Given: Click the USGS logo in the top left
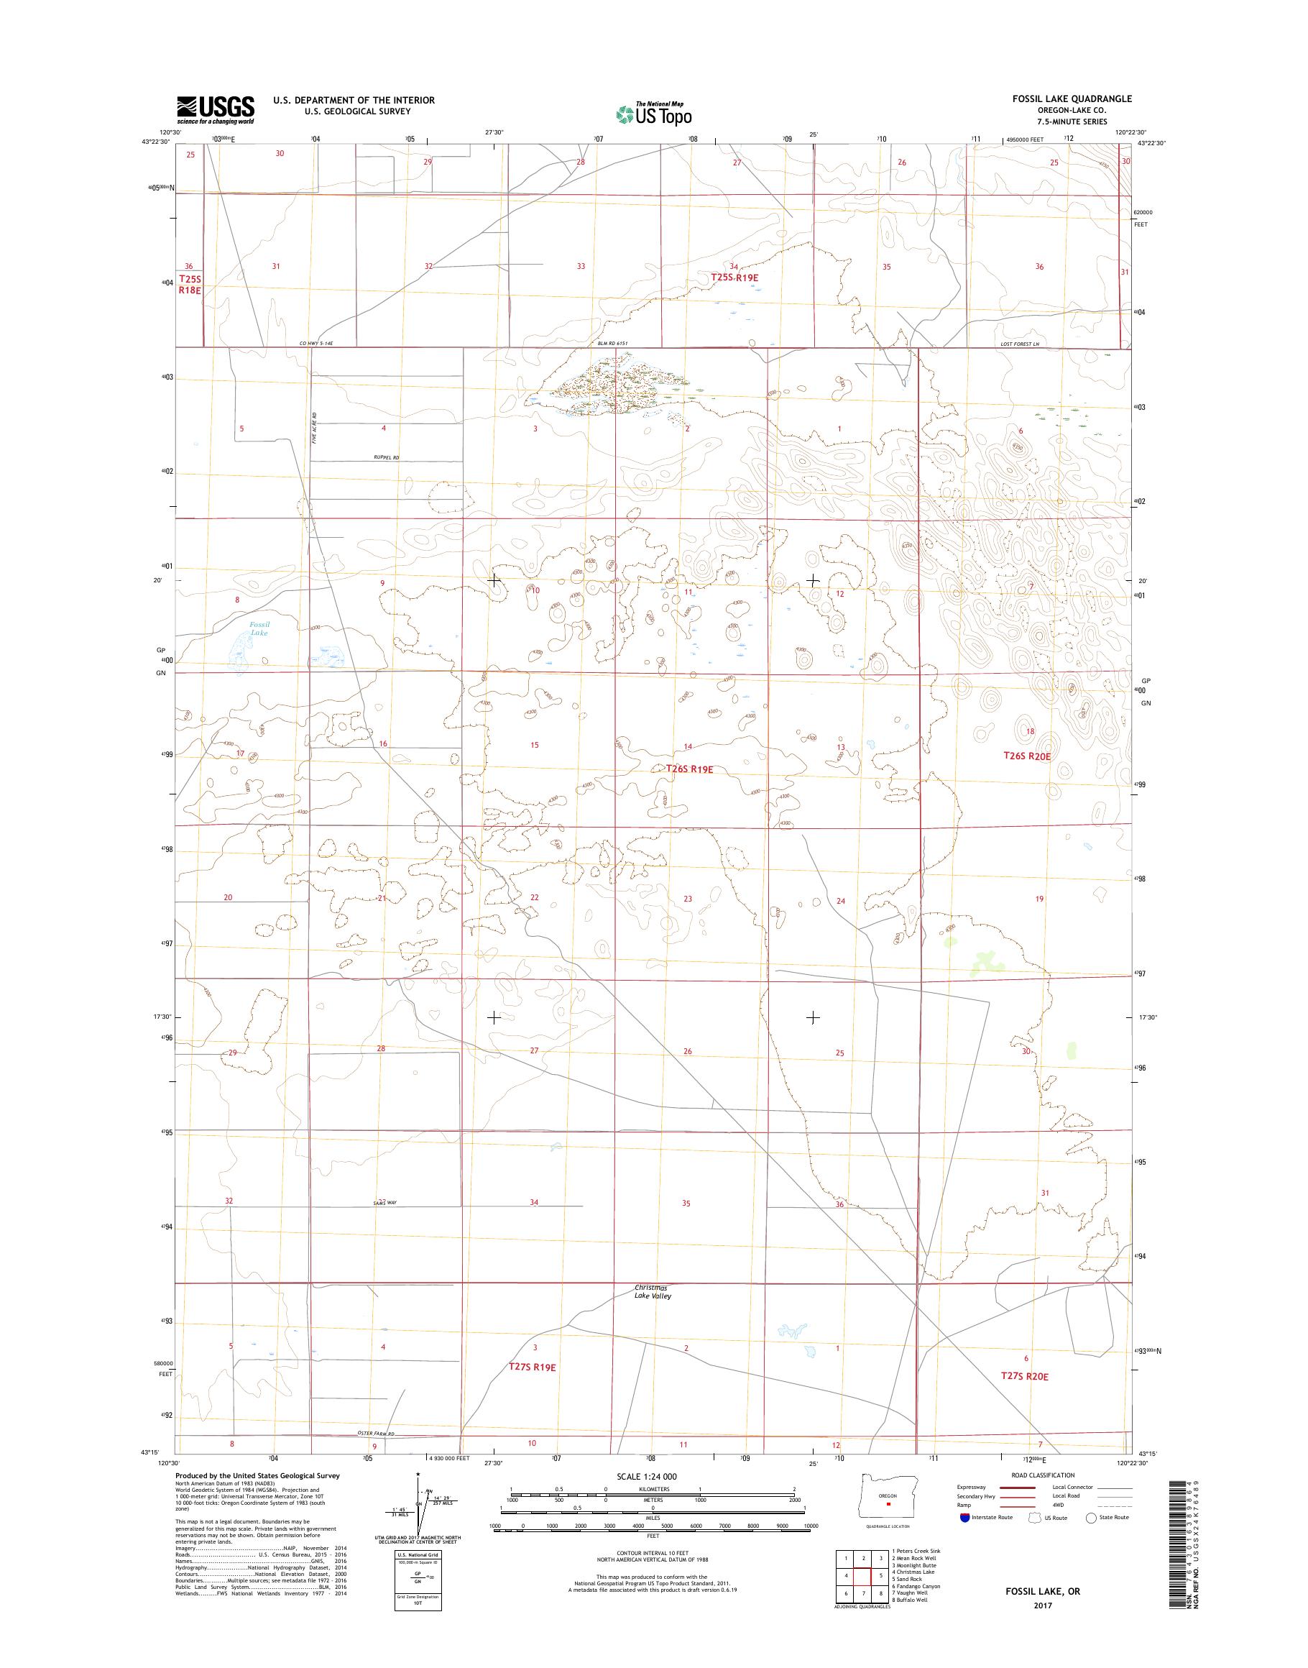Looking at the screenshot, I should point(216,109).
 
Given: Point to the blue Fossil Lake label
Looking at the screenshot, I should point(259,629).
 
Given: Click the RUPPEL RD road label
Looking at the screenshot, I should point(387,457).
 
